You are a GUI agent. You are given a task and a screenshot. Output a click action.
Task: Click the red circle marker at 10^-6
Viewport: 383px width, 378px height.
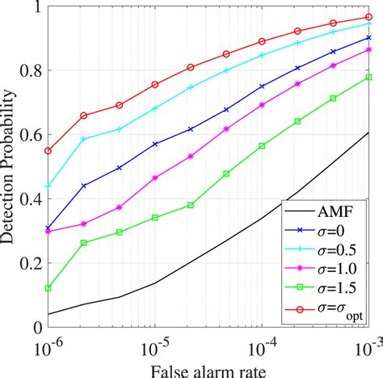(48, 151)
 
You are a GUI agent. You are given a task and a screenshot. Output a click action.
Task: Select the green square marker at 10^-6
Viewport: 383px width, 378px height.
(48, 288)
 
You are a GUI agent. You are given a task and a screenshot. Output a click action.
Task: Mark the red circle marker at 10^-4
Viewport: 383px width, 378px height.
(262, 41)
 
